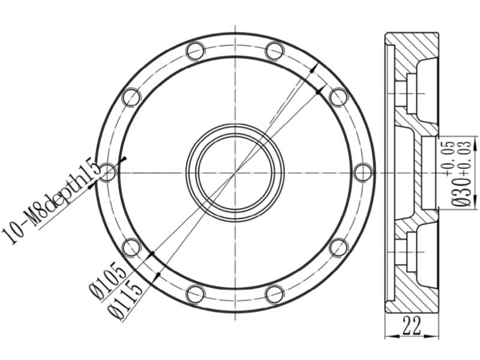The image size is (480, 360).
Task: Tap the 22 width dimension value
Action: click(412, 325)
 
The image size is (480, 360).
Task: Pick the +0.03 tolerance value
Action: click(464, 158)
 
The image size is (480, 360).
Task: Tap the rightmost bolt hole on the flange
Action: click(363, 173)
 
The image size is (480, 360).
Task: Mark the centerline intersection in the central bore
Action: click(235, 173)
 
